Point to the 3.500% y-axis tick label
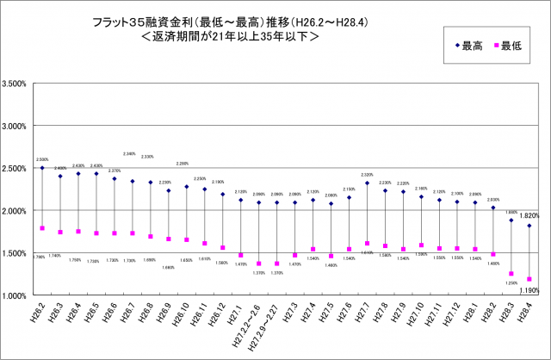pyautogui.click(x=16, y=84)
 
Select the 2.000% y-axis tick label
pyautogui.click(x=16, y=211)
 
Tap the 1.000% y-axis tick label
pyautogui.click(x=16, y=295)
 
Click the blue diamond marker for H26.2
pyautogui.click(x=42, y=168)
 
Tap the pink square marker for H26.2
pyautogui.click(x=42, y=228)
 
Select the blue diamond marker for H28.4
pyautogui.click(x=529, y=226)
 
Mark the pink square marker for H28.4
pyautogui.click(x=529, y=279)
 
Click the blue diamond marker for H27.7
pyautogui.click(x=367, y=183)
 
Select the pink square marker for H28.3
pyautogui.click(x=511, y=274)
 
